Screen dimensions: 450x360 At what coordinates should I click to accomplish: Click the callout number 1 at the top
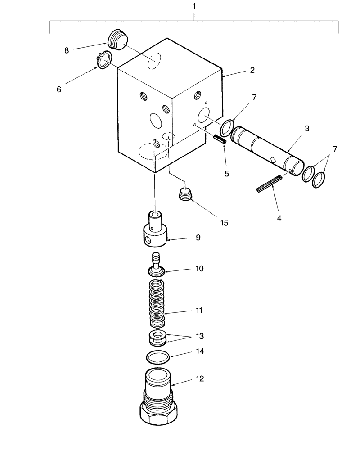pyautogui.click(x=194, y=7)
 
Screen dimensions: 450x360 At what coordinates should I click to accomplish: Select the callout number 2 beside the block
pyautogui.click(x=252, y=70)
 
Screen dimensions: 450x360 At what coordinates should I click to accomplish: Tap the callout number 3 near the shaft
pyautogui.click(x=306, y=129)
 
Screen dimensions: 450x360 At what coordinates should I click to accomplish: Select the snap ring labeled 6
pyautogui.click(x=104, y=60)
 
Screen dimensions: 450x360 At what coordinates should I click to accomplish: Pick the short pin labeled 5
pyautogui.click(x=220, y=139)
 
